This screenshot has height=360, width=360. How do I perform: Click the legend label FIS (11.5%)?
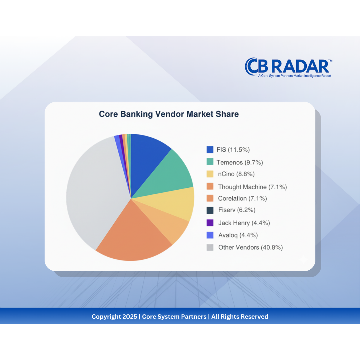233,150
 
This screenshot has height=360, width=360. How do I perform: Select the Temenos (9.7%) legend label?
240,162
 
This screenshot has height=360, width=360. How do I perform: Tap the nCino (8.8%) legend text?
236,174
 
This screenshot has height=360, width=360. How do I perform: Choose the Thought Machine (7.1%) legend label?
252,187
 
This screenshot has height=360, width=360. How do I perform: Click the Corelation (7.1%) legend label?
242,198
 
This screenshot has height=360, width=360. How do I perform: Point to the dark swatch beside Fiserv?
210,210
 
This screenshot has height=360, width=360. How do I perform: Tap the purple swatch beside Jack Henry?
210,223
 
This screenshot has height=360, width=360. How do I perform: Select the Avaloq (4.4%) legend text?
238,235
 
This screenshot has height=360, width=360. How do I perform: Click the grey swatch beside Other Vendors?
210,247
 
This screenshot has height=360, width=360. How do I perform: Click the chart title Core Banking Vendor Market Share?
169,114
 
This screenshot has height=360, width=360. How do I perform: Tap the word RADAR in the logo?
300,67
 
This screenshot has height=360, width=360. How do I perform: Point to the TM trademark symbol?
330,61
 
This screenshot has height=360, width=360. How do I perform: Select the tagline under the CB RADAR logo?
295,76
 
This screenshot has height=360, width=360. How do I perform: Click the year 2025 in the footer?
130,317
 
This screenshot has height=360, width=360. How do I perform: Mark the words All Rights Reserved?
240,317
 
